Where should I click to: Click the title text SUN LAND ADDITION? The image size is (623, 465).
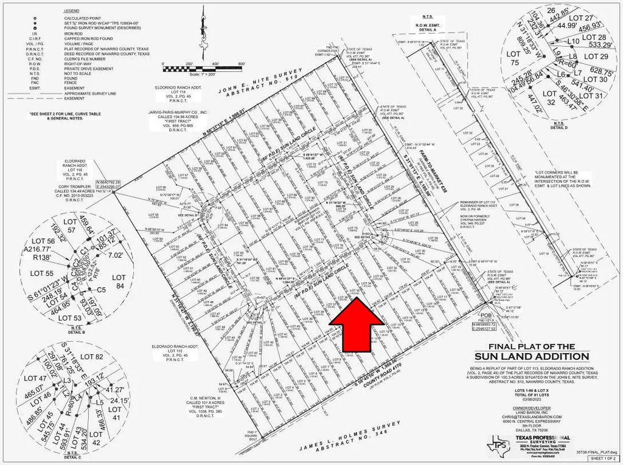click(x=532, y=356)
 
